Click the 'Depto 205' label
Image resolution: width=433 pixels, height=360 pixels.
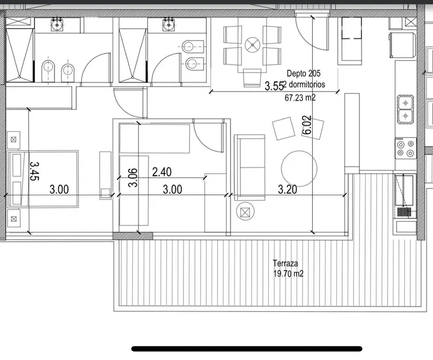[x=304, y=73]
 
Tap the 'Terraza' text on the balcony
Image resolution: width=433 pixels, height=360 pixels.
[x=285, y=263]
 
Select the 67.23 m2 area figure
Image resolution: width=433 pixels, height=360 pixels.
[x=300, y=97]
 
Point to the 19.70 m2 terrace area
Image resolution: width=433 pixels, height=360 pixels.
[x=288, y=274]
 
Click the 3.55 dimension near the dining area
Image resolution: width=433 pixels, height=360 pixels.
[x=274, y=86]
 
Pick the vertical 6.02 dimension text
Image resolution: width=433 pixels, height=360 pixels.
[x=307, y=125]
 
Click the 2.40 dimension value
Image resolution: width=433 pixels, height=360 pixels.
[x=162, y=172]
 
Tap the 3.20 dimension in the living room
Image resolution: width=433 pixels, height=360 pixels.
[x=287, y=189]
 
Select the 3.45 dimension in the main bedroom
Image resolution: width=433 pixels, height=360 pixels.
[x=35, y=171]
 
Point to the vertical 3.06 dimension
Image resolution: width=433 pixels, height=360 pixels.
[x=133, y=178]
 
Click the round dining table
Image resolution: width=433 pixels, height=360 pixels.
[x=252, y=44]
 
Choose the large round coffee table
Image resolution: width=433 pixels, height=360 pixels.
[x=299, y=168]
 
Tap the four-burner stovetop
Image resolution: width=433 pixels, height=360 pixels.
[x=405, y=148]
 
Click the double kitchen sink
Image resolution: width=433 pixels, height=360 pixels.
[x=405, y=109]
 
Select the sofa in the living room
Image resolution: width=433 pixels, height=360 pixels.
[x=250, y=167]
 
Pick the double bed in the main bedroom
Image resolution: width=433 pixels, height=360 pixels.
[x=43, y=179]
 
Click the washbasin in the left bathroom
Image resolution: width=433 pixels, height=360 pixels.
[x=57, y=24]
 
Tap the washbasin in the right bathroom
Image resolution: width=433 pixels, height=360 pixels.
[x=168, y=24]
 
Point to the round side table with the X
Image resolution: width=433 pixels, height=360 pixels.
[x=245, y=212]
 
